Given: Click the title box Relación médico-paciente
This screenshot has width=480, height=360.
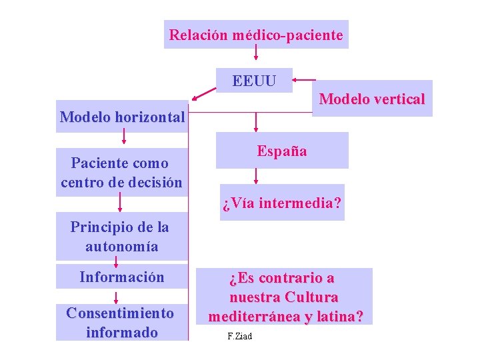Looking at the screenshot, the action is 256,35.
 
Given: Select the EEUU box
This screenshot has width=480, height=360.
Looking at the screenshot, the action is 254,81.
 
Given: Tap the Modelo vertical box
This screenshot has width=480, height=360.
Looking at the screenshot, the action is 372,99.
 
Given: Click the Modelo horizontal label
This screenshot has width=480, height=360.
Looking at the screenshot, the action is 122,117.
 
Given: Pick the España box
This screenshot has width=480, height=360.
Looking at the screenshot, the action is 282,151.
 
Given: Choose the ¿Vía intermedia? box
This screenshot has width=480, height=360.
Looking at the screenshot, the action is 282,202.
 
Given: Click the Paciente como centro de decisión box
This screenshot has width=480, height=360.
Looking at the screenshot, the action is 121,172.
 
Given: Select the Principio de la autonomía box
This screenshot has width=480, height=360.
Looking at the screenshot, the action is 121,237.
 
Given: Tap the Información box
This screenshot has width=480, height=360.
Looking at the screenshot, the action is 121,277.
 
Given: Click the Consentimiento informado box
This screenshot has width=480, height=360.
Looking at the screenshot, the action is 121,322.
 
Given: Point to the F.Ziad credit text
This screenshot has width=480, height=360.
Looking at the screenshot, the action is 239,336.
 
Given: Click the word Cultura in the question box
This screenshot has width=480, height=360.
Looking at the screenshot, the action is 311,297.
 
